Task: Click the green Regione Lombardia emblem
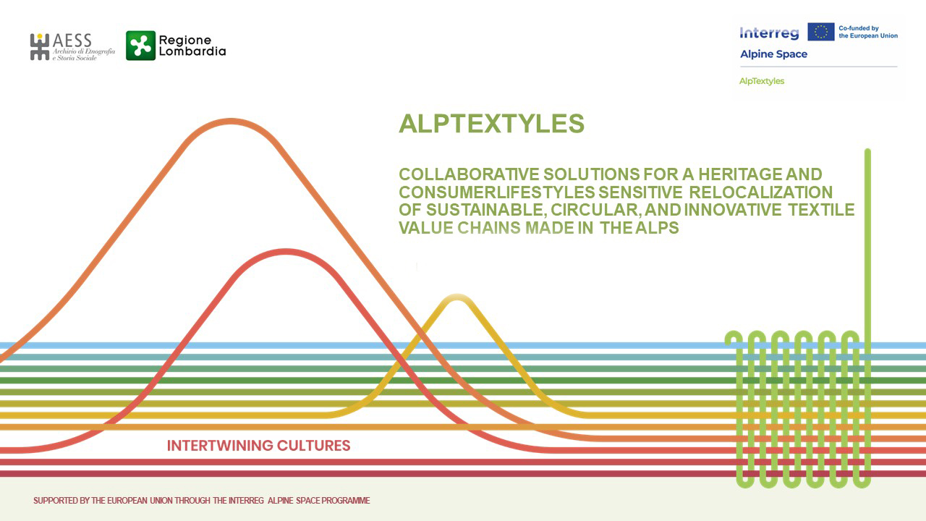(x=140, y=46)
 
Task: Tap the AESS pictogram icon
(x=40, y=47)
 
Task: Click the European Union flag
(x=821, y=32)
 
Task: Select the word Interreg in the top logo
(x=769, y=33)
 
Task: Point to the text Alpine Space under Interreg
(x=773, y=54)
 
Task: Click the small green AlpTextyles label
(x=762, y=81)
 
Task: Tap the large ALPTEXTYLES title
(x=491, y=123)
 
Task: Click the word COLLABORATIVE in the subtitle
(x=469, y=174)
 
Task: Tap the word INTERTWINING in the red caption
(x=219, y=446)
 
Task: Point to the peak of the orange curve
(x=231, y=121)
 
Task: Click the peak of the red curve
(x=286, y=251)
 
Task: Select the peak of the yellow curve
(x=456, y=297)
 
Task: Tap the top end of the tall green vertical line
(x=867, y=151)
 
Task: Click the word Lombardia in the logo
(x=192, y=51)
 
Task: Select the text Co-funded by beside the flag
(x=858, y=28)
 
